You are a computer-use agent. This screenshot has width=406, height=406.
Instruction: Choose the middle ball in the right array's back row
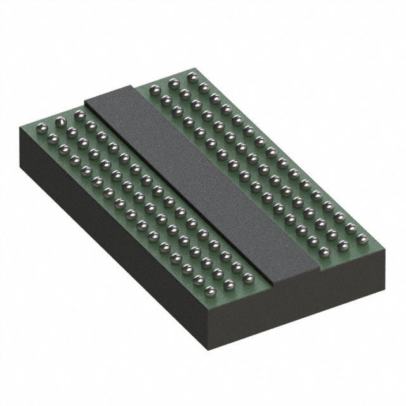(x=173, y=82)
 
